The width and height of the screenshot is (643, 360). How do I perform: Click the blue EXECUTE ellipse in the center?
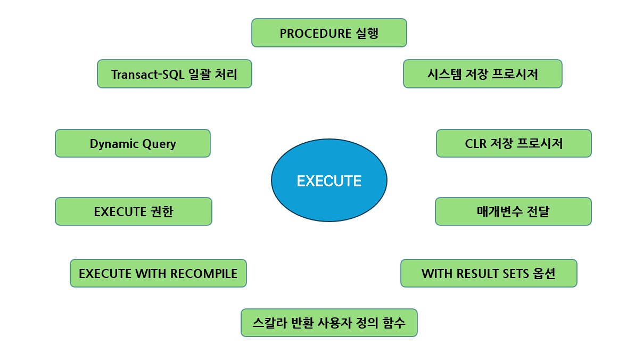[329, 181]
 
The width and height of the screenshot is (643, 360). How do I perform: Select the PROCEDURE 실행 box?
[329, 33]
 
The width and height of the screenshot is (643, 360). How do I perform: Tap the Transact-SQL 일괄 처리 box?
[174, 74]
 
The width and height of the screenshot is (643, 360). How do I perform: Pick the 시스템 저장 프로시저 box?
[482, 74]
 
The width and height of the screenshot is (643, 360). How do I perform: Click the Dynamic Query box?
[133, 143]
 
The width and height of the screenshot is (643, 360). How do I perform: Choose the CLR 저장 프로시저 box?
[514, 143]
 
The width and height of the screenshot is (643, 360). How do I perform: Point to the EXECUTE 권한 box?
[133, 211]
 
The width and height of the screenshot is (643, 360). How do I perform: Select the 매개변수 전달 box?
[513, 211]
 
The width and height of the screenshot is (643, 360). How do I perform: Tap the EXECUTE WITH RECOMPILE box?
[158, 273]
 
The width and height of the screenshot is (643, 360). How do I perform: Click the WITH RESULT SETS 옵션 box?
[489, 273]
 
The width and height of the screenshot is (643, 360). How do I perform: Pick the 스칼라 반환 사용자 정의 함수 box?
[329, 323]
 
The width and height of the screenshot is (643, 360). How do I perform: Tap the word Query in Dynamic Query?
[158, 144]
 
